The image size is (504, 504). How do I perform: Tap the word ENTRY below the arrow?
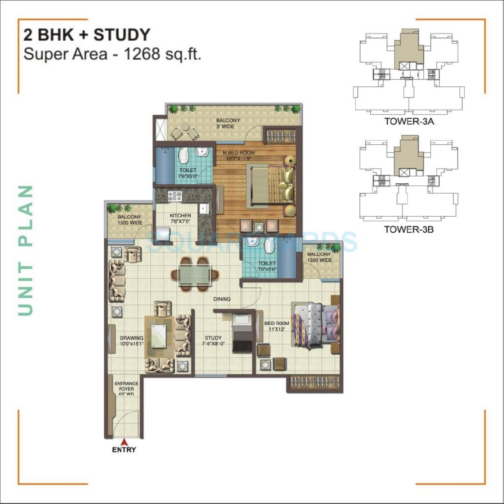pyautogui.click(x=124, y=450)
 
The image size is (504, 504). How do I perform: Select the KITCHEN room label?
pyautogui.click(x=180, y=216)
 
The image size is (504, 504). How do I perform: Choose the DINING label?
pyautogui.click(x=222, y=299)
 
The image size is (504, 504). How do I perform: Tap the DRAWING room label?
pyautogui.click(x=132, y=338)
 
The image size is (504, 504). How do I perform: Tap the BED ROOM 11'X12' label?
pyautogui.click(x=277, y=326)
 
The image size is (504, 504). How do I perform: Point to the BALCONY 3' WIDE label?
pyautogui.click(x=228, y=123)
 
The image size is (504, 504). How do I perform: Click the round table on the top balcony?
pyautogui.click(x=185, y=127)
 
